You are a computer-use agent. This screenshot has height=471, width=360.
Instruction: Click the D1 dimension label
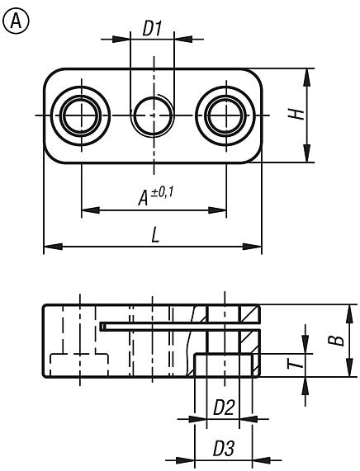pos(152,28)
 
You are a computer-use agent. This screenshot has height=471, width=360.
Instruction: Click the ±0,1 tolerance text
pos(163,191)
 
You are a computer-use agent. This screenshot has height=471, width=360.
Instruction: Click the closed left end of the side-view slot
pos(102,327)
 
